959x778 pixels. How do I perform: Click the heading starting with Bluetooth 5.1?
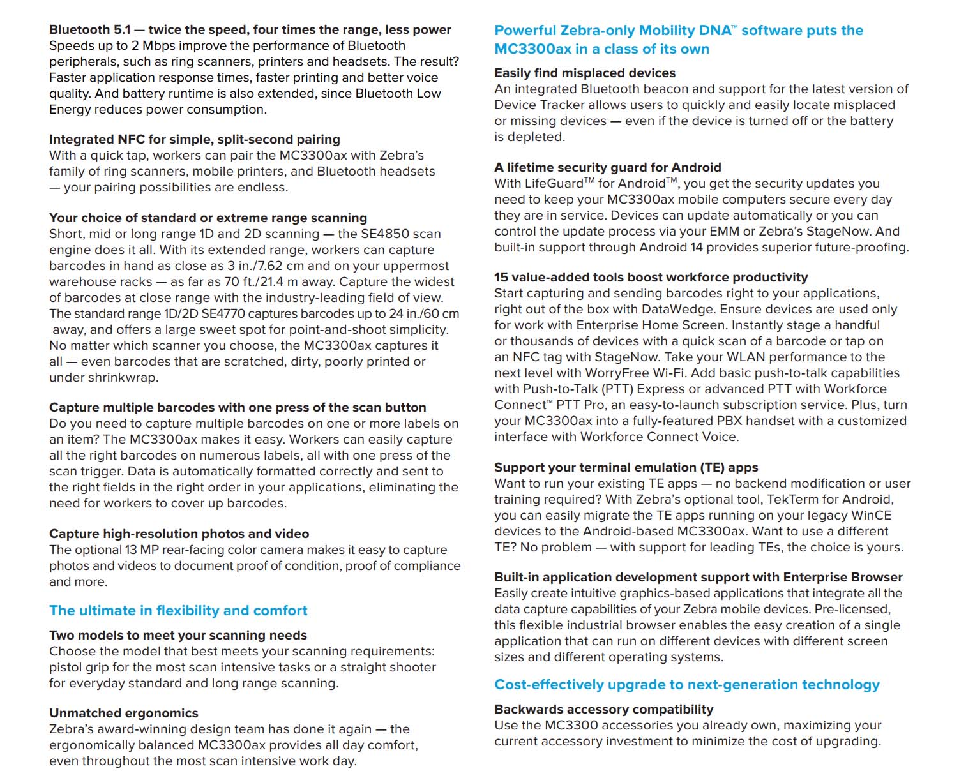click(x=250, y=29)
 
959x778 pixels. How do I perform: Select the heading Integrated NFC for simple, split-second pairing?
click(x=194, y=139)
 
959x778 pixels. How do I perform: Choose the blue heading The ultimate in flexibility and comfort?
click(x=178, y=611)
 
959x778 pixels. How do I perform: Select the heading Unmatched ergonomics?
click(x=123, y=713)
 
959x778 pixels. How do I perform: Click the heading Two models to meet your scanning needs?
click(x=177, y=635)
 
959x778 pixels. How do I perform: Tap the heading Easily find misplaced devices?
click(x=584, y=73)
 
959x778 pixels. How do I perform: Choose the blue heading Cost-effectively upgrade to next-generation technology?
click(x=686, y=685)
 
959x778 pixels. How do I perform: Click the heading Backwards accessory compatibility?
click(x=603, y=709)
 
